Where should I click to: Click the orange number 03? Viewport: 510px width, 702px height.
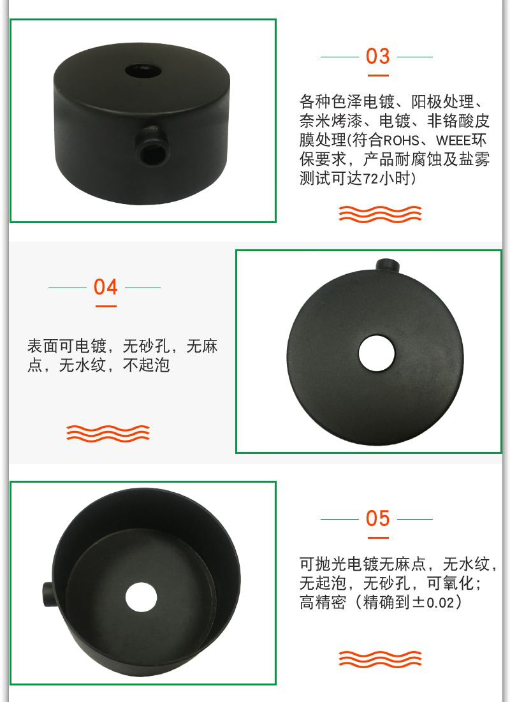377,56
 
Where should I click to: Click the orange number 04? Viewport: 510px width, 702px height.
106,287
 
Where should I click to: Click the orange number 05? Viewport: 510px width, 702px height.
377,518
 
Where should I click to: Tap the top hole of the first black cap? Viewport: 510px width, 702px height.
143,70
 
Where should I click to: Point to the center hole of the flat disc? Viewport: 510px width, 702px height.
377,354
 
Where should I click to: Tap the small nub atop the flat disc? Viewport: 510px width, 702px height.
388,265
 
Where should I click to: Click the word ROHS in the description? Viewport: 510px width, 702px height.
401,140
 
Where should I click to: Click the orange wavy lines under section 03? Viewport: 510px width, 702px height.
380,214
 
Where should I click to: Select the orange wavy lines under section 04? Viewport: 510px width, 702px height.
108,434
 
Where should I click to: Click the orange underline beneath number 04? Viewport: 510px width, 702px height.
106,306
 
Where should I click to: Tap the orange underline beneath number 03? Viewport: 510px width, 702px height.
378,76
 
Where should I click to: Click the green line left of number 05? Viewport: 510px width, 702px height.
339,520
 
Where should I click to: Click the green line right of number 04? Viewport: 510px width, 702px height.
143,288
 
